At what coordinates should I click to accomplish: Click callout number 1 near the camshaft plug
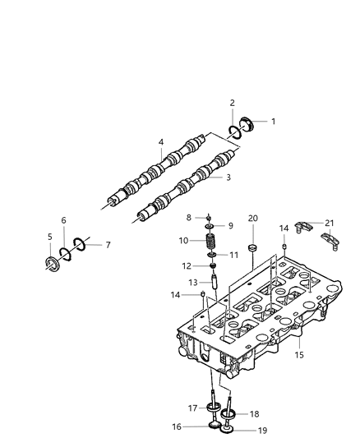tap(273, 121)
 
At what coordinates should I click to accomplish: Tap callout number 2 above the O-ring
tap(232, 103)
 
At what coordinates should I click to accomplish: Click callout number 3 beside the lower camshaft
tap(228, 177)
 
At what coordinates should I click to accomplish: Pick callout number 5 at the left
tap(49, 237)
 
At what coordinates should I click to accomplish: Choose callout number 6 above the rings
tap(63, 220)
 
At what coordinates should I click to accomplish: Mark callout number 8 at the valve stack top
tap(189, 217)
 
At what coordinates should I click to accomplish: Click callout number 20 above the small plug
tap(253, 218)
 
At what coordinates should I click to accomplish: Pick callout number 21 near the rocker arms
tap(330, 222)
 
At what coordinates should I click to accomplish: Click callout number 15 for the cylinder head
tap(299, 355)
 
